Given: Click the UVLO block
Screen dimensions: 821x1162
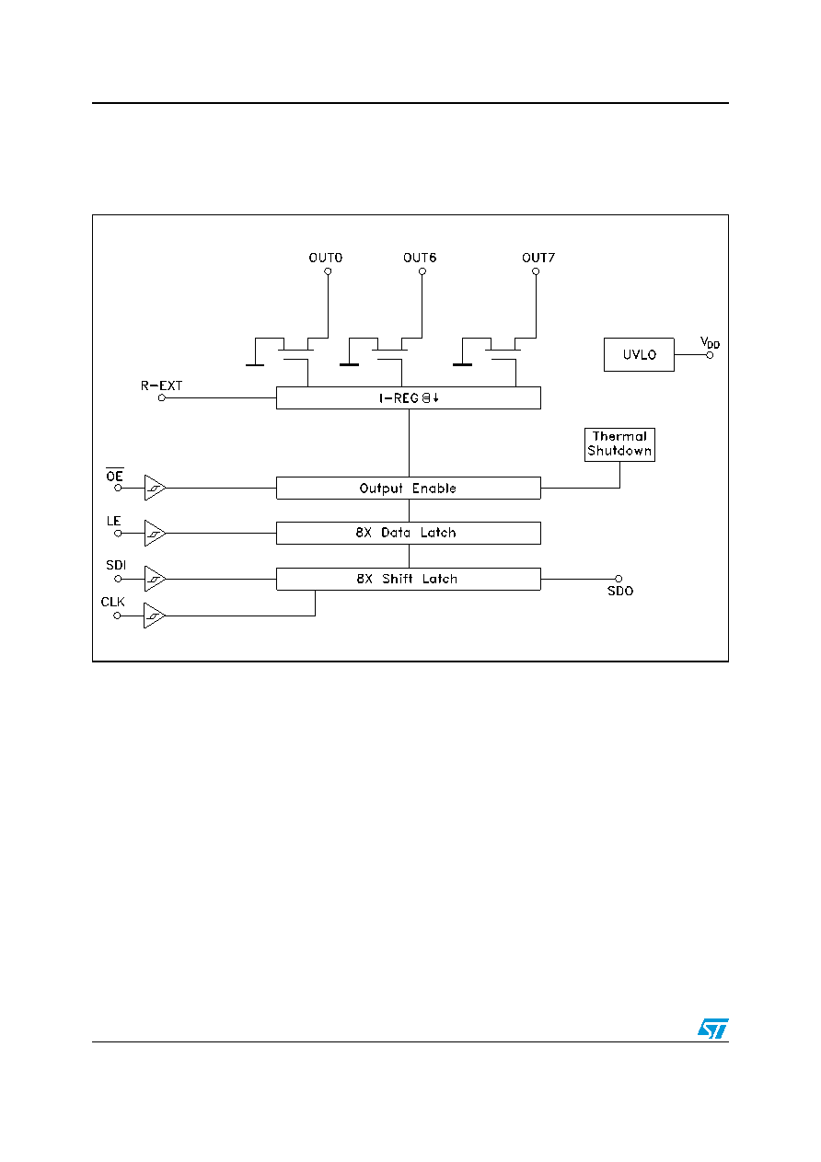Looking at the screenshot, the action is (639, 355).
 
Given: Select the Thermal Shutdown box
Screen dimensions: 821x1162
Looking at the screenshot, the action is (619, 444).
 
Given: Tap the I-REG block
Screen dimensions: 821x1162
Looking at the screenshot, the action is (409, 397).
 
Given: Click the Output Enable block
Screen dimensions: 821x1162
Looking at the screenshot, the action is (409, 489).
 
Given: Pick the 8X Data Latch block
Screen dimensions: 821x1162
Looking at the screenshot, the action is (409, 533).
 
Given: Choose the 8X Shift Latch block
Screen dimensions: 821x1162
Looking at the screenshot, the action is (409, 579).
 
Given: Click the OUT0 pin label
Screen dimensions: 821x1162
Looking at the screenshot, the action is (326, 258).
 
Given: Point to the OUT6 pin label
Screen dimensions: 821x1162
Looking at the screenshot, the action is (420, 258).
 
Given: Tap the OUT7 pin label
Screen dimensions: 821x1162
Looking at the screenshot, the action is (538, 258).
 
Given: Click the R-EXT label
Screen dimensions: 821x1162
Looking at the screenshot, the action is (161, 385).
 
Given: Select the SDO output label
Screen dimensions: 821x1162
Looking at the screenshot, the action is (620, 591).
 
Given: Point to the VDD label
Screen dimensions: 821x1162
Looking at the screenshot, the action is (710, 342).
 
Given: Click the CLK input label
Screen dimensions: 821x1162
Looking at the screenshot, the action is (112, 602).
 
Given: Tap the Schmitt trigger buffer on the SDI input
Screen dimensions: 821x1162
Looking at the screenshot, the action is (154, 579).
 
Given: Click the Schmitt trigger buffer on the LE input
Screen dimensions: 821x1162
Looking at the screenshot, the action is (154, 534).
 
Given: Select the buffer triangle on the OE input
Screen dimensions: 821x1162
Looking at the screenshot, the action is (154, 488).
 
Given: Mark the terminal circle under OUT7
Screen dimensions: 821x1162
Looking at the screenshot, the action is (536, 271).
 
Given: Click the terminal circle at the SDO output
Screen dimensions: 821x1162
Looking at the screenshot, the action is (619, 579).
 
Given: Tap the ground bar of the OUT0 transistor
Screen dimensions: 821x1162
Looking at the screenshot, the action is (255, 365).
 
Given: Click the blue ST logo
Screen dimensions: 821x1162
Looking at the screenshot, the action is (713, 1029).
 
